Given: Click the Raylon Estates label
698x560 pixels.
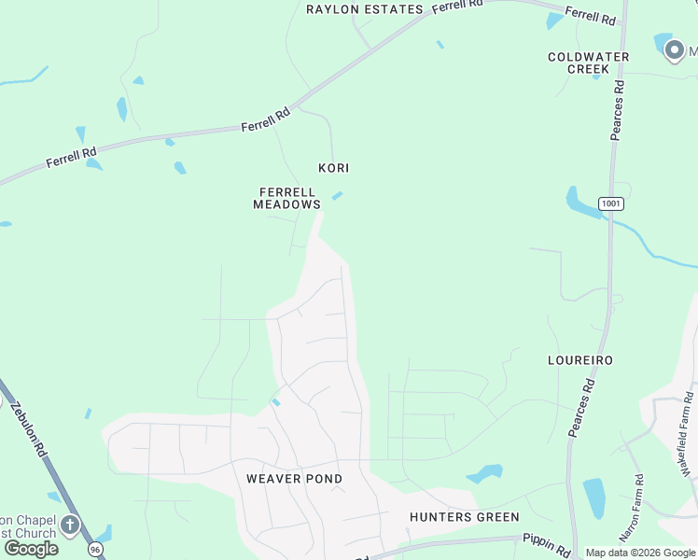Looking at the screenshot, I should point(365,9).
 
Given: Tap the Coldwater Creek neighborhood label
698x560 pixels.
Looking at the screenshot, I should point(589,63).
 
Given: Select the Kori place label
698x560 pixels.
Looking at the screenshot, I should point(333,168).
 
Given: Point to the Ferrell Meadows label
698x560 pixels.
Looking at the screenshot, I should point(287,198).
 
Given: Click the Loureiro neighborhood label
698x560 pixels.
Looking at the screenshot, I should point(579,360).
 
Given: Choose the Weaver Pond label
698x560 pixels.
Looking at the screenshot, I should point(294,479).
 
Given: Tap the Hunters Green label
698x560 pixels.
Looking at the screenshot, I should point(465,517).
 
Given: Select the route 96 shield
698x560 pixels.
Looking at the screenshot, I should point(95,550).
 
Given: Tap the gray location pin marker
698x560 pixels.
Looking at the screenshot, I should point(675,49).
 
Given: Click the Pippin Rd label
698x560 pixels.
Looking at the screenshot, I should point(547,546).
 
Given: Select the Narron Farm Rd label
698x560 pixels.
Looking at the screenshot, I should point(630,509).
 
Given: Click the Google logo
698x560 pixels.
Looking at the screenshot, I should point(31,549).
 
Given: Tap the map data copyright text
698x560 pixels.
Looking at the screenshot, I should point(640,553).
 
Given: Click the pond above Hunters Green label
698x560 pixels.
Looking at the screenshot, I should point(485,473).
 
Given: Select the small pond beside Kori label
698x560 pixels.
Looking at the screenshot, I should point(337,195).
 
